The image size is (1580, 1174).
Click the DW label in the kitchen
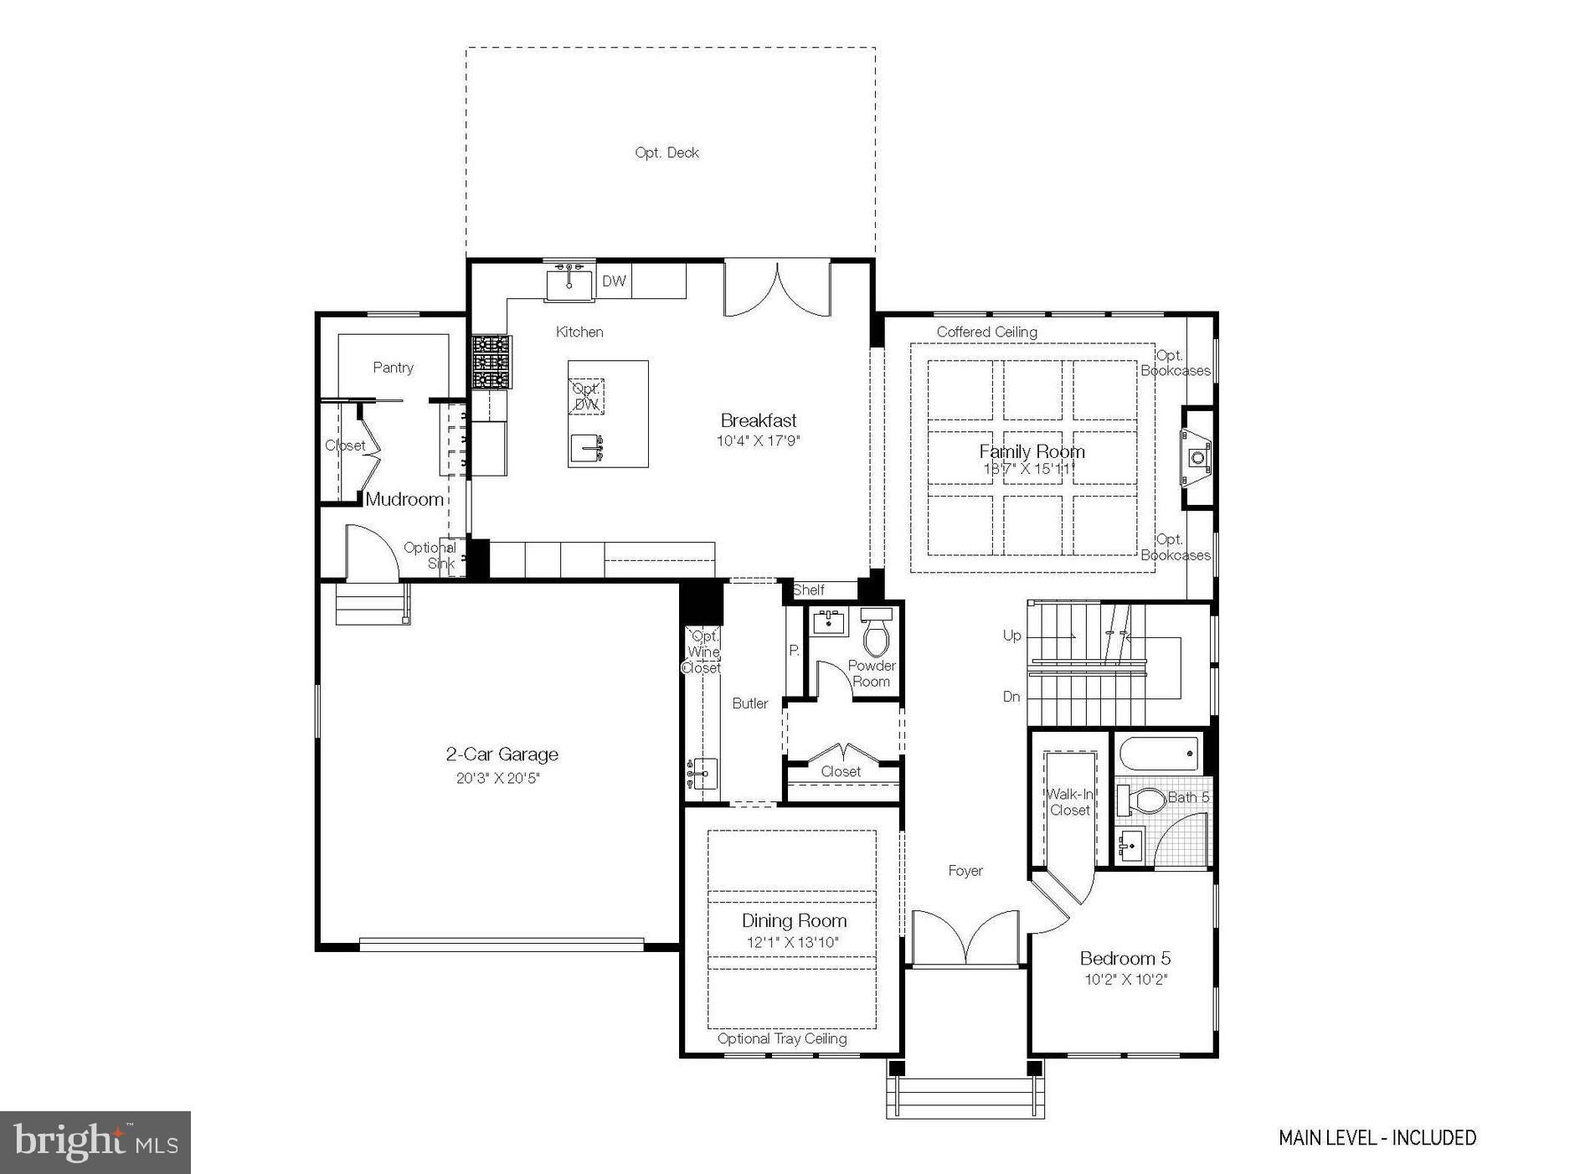pos(614,281)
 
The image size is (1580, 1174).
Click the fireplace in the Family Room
pos(1197,457)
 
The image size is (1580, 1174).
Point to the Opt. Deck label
pos(666,152)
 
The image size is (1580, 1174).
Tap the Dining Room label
pos(794,920)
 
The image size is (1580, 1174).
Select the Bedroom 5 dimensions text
pos(1125,979)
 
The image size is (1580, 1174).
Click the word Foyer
pos(965,871)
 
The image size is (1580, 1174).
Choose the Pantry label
pos(393,367)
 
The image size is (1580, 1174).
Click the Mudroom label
pos(404,499)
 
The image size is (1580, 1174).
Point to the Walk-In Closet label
pos(1069,801)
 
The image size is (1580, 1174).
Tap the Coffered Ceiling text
pos(986,332)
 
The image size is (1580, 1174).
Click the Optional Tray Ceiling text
pos(781,1038)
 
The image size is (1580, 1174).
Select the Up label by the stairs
pos(1011,636)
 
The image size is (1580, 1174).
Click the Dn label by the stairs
pos(1011,697)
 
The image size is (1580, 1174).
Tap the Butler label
pos(749,703)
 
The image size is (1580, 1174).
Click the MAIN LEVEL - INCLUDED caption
pos(1377,1137)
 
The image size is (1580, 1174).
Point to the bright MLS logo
pos(95,1142)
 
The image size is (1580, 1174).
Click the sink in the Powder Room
pos(830,622)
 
